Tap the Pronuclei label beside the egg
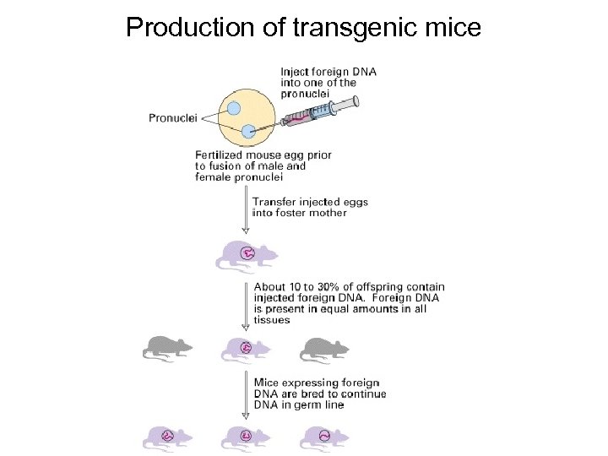[172, 118]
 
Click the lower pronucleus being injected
[248, 131]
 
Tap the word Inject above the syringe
[296, 72]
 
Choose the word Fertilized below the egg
[222, 155]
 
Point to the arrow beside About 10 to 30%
[246, 304]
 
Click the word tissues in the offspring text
[272, 320]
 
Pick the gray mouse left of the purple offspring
[166, 346]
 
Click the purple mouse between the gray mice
[246, 346]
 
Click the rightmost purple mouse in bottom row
[324, 436]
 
